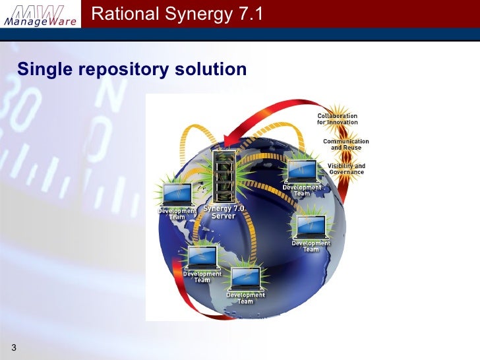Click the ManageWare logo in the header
42,15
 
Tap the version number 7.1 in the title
250,14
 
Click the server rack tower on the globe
222,177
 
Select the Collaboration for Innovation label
338,119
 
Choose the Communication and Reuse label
345,144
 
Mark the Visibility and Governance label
346,169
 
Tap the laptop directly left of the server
177,194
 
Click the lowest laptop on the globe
245,278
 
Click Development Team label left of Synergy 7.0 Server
177,214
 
